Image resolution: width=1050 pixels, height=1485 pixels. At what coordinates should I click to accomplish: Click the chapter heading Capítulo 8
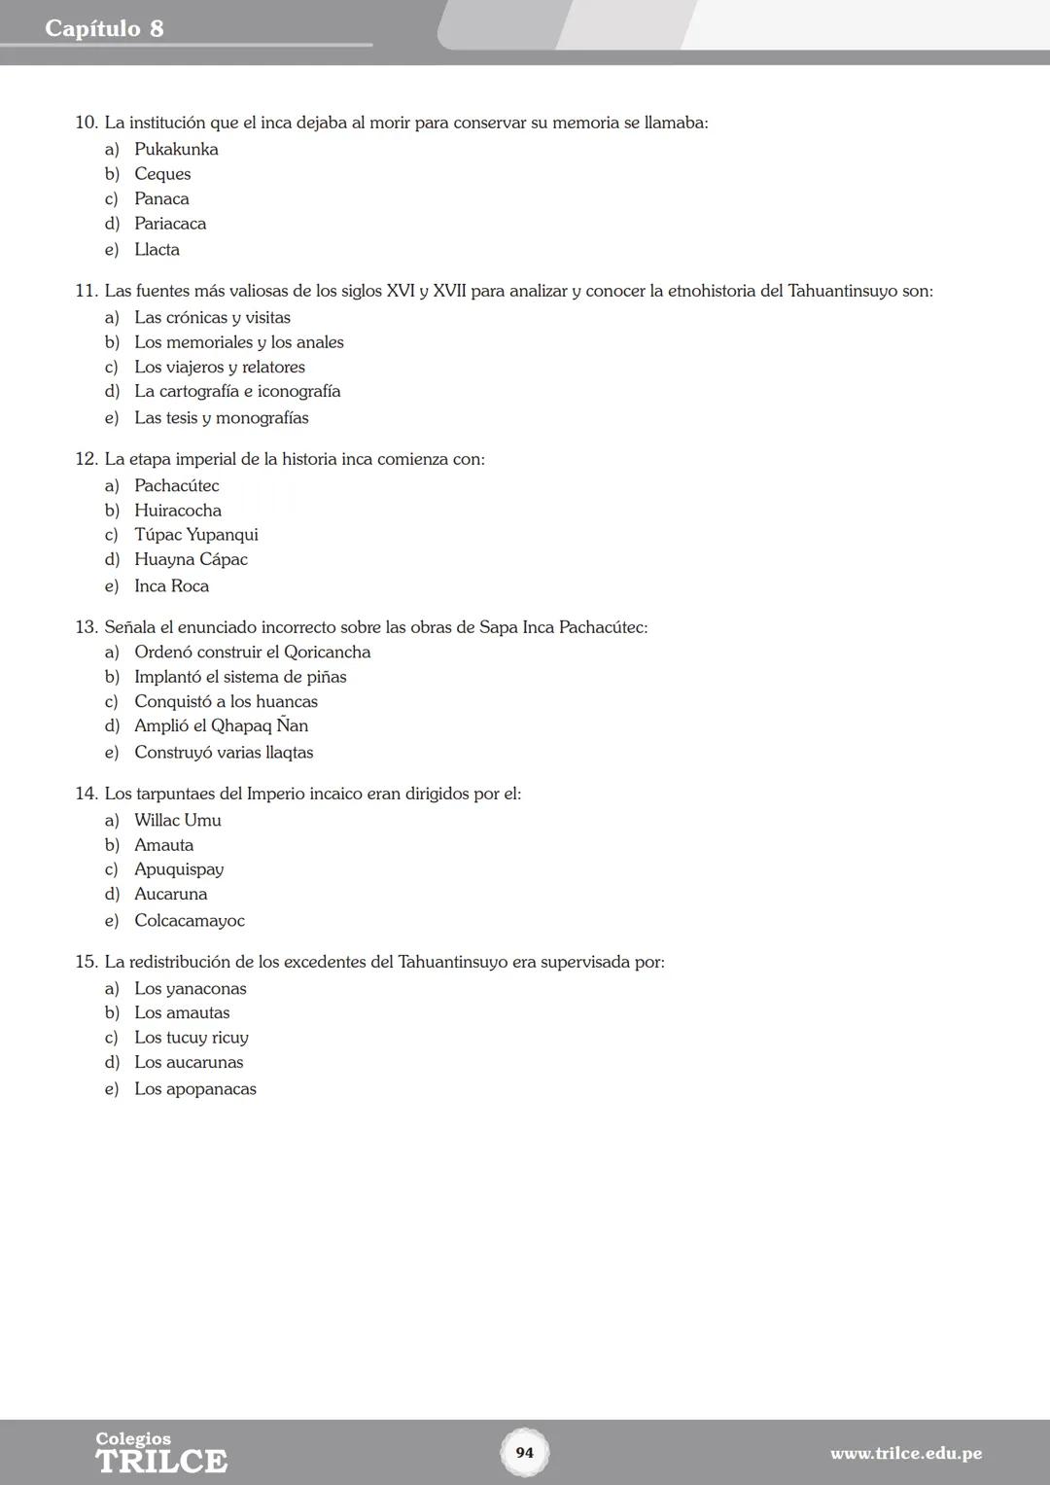click(104, 28)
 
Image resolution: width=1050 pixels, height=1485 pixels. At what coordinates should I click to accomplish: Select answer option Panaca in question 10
click(161, 199)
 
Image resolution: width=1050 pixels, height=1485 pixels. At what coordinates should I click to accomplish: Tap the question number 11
click(87, 291)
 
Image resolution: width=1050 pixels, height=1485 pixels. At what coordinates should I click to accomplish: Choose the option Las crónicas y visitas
click(212, 318)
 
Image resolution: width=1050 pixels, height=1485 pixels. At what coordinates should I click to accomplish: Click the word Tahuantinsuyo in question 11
click(842, 291)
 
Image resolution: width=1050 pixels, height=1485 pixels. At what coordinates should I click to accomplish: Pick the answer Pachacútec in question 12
click(176, 486)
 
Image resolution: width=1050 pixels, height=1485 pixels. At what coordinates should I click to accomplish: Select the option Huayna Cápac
click(191, 560)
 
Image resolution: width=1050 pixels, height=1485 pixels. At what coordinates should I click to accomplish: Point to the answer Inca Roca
click(171, 586)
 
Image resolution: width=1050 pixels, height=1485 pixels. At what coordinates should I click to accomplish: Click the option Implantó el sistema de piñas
click(240, 677)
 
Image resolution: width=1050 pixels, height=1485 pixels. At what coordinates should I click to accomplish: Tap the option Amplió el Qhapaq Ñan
click(221, 726)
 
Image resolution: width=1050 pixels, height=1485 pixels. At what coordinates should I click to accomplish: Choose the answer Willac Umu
click(177, 821)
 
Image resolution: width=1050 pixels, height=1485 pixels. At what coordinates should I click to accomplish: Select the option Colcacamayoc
click(189, 921)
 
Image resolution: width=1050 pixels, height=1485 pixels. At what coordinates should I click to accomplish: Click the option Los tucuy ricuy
click(191, 1038)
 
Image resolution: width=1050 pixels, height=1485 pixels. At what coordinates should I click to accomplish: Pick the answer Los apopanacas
click(194, 1089)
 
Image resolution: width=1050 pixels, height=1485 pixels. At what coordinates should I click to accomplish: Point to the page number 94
click(525, 1453)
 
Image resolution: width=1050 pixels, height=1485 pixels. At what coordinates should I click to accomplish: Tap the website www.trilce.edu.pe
click(905, 1454)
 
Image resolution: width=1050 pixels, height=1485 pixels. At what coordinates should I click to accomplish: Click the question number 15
click(87, 963)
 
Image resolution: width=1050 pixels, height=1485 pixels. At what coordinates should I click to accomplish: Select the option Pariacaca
click(170, 224)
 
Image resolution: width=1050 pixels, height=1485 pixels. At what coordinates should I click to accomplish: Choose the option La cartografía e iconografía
click(237, 392)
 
